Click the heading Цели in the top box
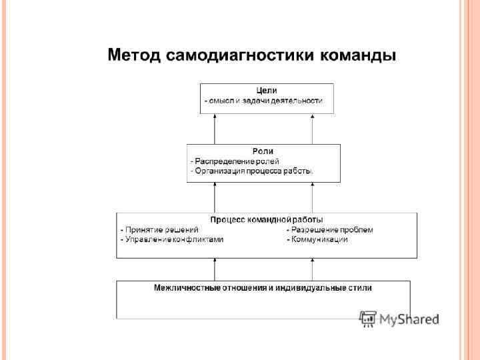[x=267, y=90]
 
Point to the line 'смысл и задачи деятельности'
[x=265, y=101]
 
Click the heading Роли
[x=263, y=151]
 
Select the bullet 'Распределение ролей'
[x=235, y=161]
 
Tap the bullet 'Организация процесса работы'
[x=252, y=171]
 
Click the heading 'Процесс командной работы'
[x=267, y=219]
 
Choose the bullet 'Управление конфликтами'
[x=172, y=239]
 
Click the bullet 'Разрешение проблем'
[x=330, y=229]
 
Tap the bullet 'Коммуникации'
[x=317, y=239]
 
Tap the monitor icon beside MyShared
[x=368, y=319]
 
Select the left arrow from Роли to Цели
[x=215, y=129]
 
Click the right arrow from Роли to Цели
[x=312, y=129]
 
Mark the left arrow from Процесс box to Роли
[x=215, y=197]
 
